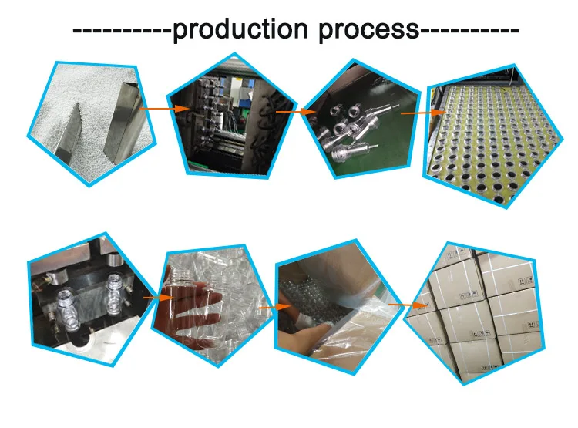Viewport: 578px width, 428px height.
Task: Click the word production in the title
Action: coord(241,30)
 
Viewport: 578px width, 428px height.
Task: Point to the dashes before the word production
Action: coord(122,31)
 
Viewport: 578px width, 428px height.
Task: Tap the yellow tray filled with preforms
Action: coord(493,139)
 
